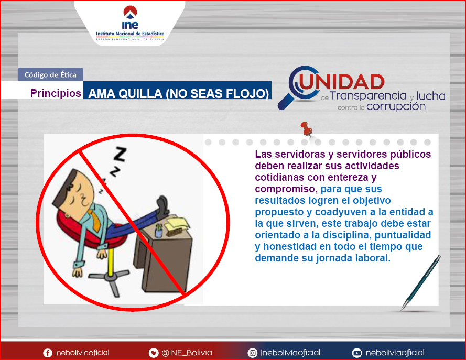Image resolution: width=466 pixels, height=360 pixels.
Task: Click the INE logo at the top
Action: tap(130, 23)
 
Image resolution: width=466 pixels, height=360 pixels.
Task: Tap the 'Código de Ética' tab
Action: tap(50, 74)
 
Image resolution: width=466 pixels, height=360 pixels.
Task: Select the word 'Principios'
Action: tap(56, 93)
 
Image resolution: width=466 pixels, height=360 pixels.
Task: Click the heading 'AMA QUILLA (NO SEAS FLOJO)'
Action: tap(179, 94)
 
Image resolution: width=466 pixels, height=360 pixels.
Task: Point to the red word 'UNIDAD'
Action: tap(342, 82)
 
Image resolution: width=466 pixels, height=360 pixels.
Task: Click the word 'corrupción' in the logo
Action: tap(396, 106)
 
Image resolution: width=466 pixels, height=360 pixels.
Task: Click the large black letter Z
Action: tap(120, 154)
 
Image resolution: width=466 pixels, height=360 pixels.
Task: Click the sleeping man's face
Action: tap(79, 194)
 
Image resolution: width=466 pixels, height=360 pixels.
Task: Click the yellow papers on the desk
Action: tap(177, 225)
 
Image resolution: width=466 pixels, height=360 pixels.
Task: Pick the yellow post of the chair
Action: tap(110, 261)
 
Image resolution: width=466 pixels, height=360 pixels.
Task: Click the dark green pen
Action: tap(420, 283)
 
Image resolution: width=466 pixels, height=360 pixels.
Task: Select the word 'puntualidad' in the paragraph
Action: tap(403, 235)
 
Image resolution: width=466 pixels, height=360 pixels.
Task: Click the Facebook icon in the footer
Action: tap(48, 353)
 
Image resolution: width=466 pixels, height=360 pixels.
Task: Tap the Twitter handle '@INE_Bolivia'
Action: tap(187, 353)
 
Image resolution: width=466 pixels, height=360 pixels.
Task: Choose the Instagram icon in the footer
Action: tap(252, 353)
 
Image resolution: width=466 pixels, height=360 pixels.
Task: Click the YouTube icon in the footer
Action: tap(356, 353)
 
